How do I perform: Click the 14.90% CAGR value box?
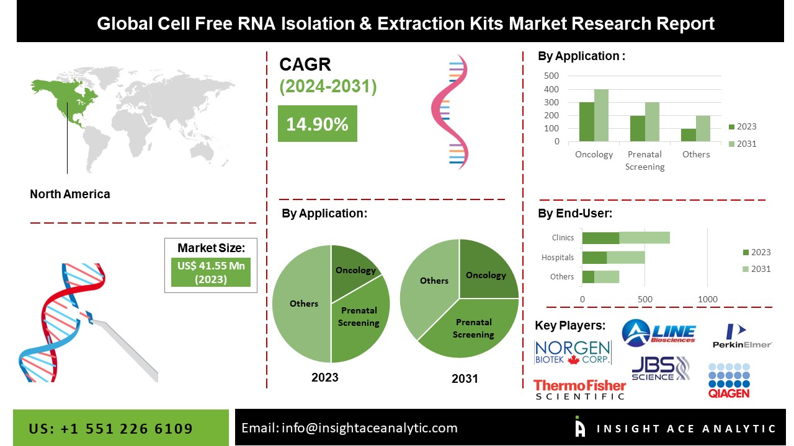coord(317,124)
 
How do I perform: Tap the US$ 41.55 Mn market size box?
coord(211,273)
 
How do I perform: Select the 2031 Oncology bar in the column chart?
coord(601,115)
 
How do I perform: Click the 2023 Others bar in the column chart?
coord(689,135)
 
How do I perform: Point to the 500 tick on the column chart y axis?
coord(551,76)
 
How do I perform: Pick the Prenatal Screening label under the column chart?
coord(645,160)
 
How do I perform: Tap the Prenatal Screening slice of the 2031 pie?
coord(475,328)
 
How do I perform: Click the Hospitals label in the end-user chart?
coord(558,257)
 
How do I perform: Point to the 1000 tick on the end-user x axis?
coord(708,299)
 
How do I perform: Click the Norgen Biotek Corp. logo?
coord(573,352)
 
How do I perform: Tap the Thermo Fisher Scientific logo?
coord(579,389)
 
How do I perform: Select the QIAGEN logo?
coord(729,380)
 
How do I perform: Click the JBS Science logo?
coord(660,369)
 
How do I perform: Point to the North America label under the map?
coord(70,194)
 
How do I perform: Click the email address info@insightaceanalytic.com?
coord(349,427)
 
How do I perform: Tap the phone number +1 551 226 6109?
coord(111,429)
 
